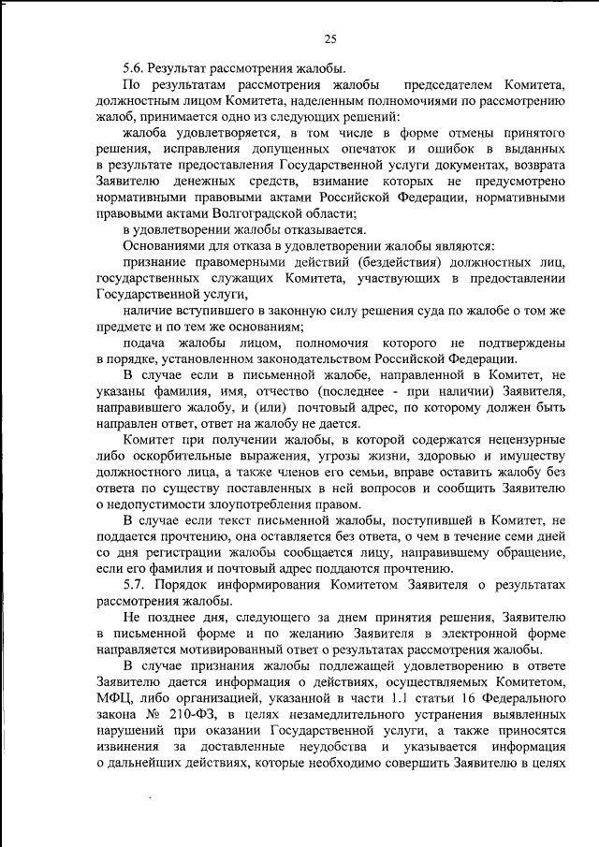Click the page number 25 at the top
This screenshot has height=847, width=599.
click(329, 38)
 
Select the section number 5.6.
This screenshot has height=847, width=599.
click(134, 67)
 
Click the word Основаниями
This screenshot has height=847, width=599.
click(165, 247)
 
